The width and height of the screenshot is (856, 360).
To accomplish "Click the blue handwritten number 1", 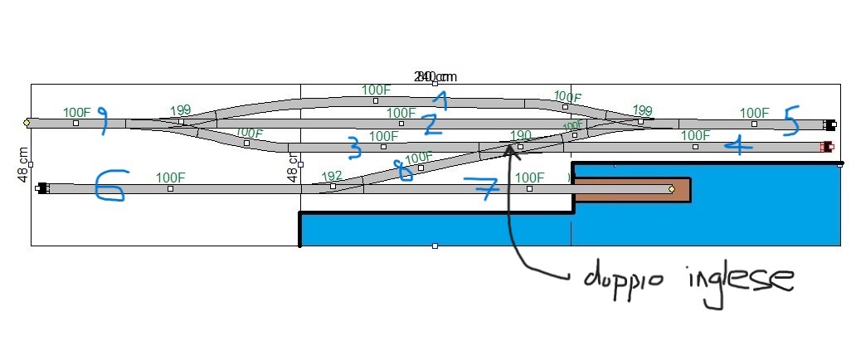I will (x=442, y=101).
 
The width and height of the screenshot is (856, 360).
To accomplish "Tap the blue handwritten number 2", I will (x=429, y=124).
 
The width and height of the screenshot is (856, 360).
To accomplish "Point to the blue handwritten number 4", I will (x=737, y=147).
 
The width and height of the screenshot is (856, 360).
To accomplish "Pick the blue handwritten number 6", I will (x=109, y=187).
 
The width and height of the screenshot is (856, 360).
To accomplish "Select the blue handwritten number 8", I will (x=403, y=171).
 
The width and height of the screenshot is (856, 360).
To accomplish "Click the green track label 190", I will (x=521, y=135).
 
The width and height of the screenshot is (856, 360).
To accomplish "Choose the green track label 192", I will (x=332, y=176).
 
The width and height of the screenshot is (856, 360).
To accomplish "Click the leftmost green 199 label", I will (x=180, y=110).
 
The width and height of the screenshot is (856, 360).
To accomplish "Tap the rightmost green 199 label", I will (x=642, y=110).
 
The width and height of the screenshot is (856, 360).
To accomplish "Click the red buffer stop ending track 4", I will (x=825, y=147).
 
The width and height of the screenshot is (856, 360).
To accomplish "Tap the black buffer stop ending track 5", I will (x=829, y=125).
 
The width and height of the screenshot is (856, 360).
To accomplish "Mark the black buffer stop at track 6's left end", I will (x=41, y=188).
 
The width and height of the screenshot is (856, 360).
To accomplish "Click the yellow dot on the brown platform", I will (x=671, y=189).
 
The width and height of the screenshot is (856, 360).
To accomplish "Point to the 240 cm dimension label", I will (x=435, y=76).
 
